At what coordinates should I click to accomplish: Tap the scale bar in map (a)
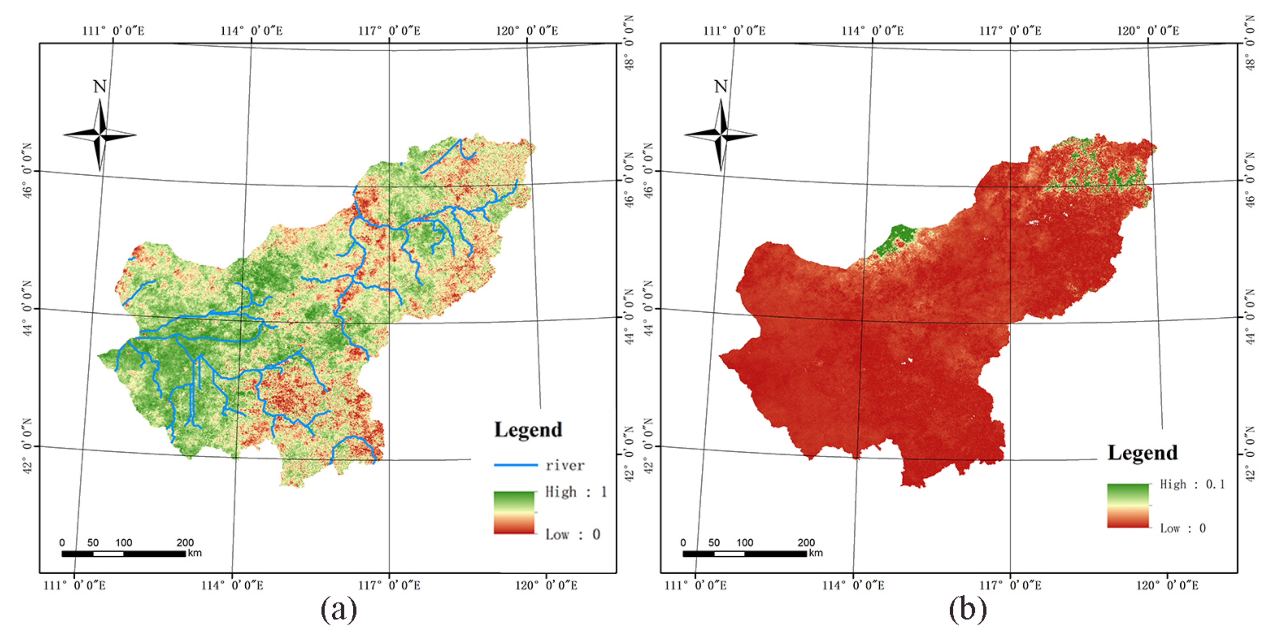tap(124, 553)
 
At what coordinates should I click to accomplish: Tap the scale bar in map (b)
tap(744, 553)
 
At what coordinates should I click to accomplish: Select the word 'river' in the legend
tap(565, 465)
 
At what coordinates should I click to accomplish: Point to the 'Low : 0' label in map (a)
tap(572, 534)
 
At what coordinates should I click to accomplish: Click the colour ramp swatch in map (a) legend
tap(514, 513)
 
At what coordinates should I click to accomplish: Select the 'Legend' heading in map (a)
tap(528, 430)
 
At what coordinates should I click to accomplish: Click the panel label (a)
tap(339, 609)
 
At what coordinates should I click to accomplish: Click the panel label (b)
tap(968, 609)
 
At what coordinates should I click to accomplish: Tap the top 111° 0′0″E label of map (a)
tap(113, 31)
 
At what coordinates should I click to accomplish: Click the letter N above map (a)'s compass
tap(100, 87)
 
